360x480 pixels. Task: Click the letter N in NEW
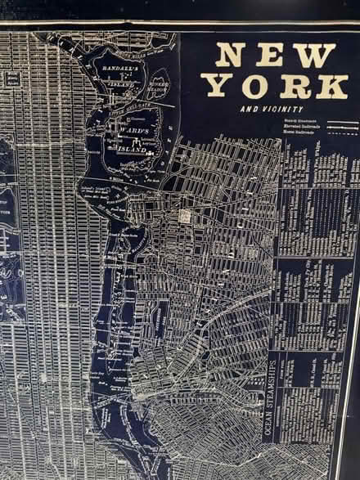click(229, 55)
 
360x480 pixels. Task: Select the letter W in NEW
click(315, 55)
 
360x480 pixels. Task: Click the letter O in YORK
click(254, 85)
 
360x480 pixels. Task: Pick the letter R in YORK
click(294, 85)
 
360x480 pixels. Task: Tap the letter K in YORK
click(331, 85)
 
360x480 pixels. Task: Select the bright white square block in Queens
click(185, 216)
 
